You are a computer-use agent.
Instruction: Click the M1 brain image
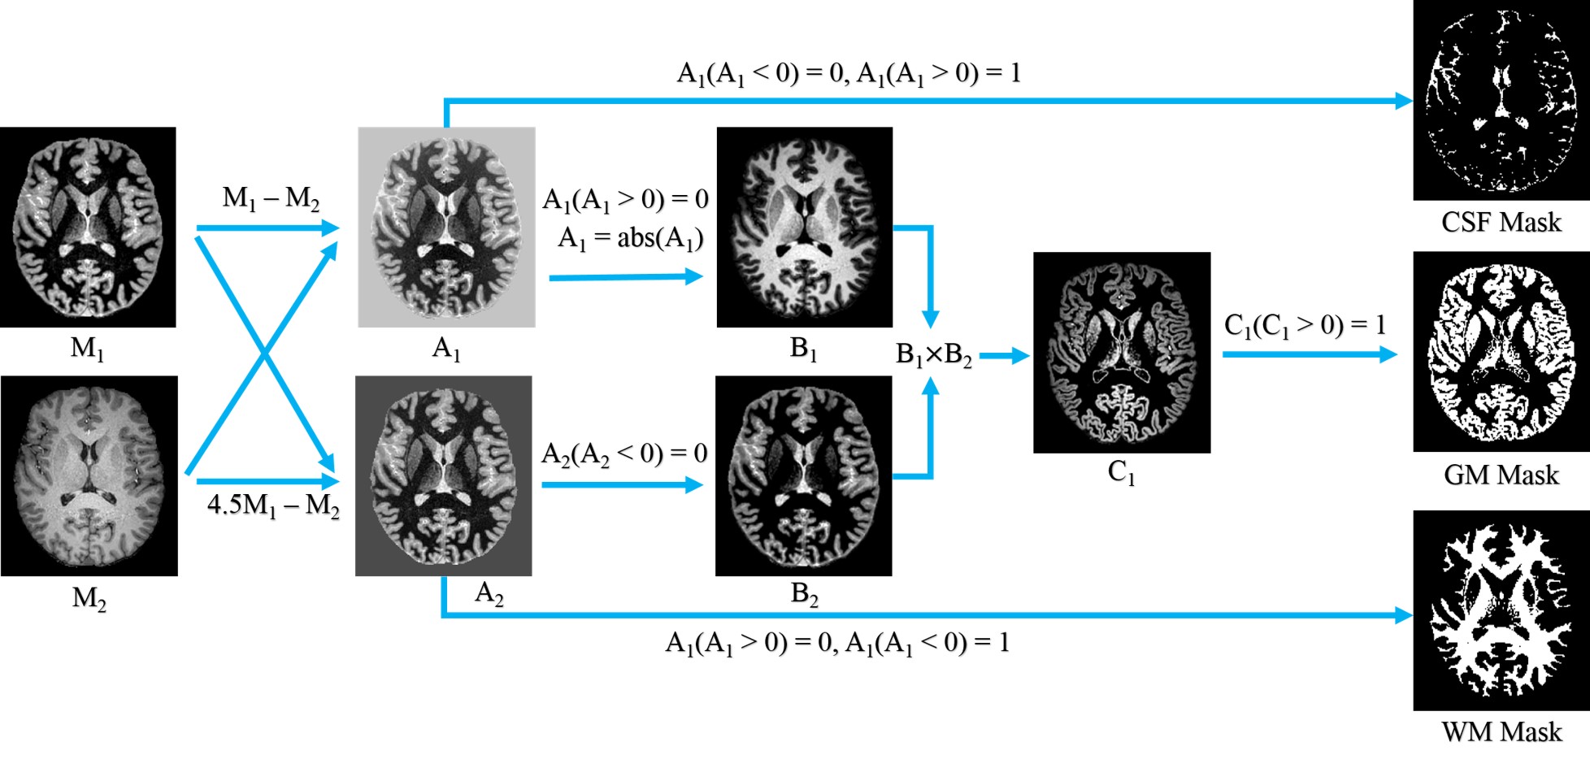pyautogui.click(x=88, y=227)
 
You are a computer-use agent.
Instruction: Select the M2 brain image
pyautogui.click(x=89, y=475)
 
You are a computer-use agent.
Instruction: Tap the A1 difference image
pyautogui.click(x=446, y=227)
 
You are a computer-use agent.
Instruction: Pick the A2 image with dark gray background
pyautogui.click(x=444, y=475)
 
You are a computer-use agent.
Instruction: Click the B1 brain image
pyautogui.click(x=804, y=227)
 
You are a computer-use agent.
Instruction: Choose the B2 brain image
pyautogui.click(x=803, y=475)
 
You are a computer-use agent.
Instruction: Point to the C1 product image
pyautogui.click(x=1121, y=352)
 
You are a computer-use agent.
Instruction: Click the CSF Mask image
pyautogui.click(x=1501, y=100)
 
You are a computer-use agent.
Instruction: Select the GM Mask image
pyautogui.click(x=1501, y=351)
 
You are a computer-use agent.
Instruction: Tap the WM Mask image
pyautogui.click(x=1501, y=610)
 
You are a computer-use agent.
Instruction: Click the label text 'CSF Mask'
pyautogui.click(x=1501, y=222)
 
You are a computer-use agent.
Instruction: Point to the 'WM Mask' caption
pyautogui.click(x=1501, y=731)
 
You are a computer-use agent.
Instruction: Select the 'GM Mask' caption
pyautogui.click(x=1501, y=475)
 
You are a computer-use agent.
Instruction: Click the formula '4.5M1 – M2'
pyautogui.click(x=273, y=505)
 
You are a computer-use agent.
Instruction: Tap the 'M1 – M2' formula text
pyautogui.click(x=271, y=197)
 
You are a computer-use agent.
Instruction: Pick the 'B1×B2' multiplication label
pyautogui.click(x=933, y=355)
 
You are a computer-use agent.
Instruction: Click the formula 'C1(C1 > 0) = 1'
pyautogui.click(x=1305, y=326)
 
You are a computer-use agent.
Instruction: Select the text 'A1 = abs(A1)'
pyautogui.click(x=630, y=238)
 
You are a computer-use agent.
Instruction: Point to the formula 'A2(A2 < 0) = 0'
pyautogui.click(x=624, y=453)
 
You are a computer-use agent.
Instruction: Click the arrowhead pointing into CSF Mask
pyautogui.click(x=1404, y=101)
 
